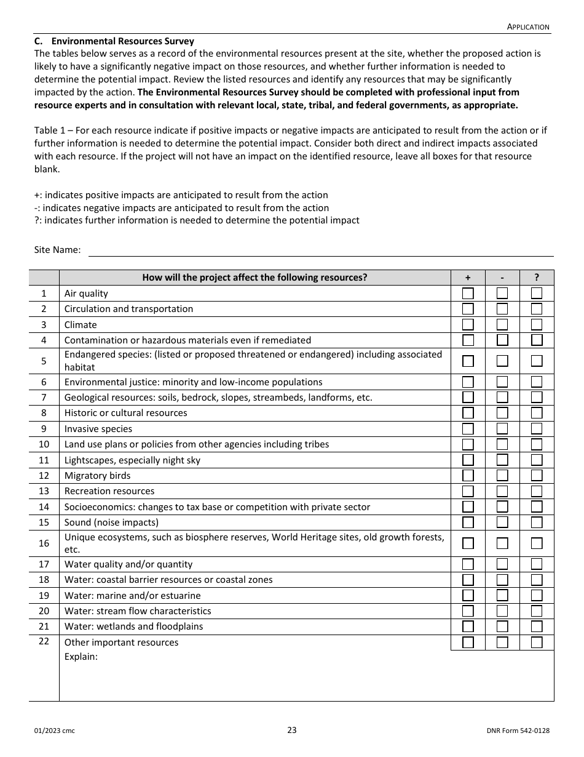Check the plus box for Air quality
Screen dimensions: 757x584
(x=468, y=293)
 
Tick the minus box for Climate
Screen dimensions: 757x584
(x=502, y=324)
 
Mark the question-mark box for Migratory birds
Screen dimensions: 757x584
(x=537, y=475)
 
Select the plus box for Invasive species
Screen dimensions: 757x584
(x=468, y=428)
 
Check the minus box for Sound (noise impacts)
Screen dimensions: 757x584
(x=502, y=522)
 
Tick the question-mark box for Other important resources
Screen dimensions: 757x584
(x=537, y=642)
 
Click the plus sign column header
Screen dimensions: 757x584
(x=468, y=278)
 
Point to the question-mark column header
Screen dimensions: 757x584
(x=537, y=278)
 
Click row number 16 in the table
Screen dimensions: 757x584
(x=44, y=543)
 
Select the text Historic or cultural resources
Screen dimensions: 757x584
(x=125, y=413)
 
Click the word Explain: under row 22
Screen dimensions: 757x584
(x=81, y=657)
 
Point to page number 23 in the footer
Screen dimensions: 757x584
(x=292, y=731)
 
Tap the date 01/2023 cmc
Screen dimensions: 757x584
(x=55, y=731)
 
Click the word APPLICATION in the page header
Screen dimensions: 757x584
(x=528, y=26)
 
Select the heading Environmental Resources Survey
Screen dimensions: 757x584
(x=122, y=41)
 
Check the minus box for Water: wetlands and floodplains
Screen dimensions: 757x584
(x=502, y=626)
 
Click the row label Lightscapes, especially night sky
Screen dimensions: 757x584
(x=132, y=460)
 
